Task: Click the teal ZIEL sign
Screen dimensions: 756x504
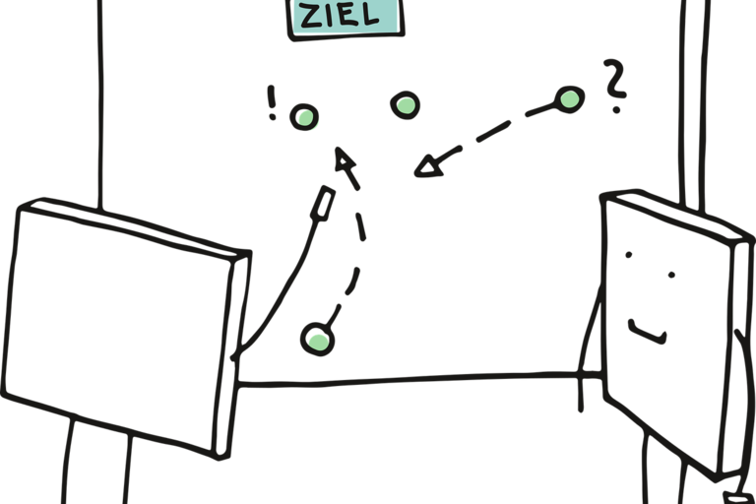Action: click(346, 19)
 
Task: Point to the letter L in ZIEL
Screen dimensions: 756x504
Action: click(371, 15)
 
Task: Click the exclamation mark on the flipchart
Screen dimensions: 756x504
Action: click(272, 102)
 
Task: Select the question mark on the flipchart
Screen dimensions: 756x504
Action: click(615, 86)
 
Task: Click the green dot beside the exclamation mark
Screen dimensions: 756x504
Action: click(304, 117)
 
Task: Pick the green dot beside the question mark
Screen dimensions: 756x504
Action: click(569, 99)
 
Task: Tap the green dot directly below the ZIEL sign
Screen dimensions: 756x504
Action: click(405, 105)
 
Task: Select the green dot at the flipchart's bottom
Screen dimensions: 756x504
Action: click(317, 340)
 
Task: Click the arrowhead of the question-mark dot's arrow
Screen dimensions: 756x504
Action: click(428, 166)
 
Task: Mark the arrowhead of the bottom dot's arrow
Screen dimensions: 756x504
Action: click(344, 159)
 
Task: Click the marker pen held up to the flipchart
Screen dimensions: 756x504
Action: click(323, 204)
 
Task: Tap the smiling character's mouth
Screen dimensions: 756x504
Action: click(648, 332)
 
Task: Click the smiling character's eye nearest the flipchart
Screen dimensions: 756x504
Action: click(628, 255)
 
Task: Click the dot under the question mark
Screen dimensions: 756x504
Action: click(616, 110)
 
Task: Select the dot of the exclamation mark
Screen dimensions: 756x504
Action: click(273, 117)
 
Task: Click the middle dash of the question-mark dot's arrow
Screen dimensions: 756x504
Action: click(493, 131)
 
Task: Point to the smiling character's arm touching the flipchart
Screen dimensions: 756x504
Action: click(590, 347)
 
